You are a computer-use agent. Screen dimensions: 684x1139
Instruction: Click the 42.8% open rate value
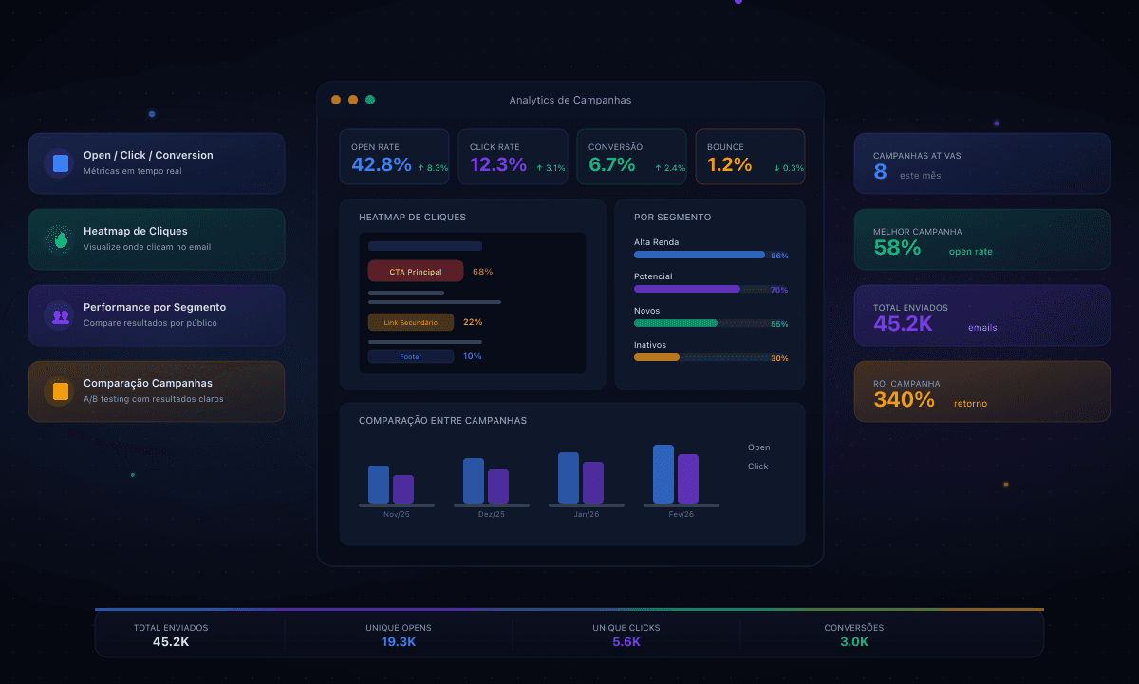pyautogui.click(x=382, y=164)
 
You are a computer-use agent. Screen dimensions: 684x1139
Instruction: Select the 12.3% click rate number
pyautogui.click(x=498, y=164)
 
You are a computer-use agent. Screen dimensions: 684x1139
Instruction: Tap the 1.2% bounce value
pyautogui.click(x=729, y=164)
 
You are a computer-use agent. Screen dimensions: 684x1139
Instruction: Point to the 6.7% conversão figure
pyautogui.click(x=611, y=164)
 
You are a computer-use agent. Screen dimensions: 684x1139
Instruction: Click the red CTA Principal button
pyautogui.click(x=416, y=272)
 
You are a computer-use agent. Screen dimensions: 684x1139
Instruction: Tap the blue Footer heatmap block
pyautogui.click(x=411, y=356)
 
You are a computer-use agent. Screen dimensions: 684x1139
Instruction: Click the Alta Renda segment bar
pyautogui.click(x=700, y=255)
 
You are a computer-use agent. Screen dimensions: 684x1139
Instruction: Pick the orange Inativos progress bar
pyautogui.click(x=657, y=357)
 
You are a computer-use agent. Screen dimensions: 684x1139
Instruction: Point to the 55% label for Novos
pyautogui.click(x=779, y=324)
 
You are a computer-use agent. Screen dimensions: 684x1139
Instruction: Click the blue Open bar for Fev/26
pyautogui.click(x=663, y=474)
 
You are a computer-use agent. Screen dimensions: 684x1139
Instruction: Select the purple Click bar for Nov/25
pyautogui.click(x=403, y=489)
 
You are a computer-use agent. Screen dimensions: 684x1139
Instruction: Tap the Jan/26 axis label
pyautogui.click(x=587, y=514)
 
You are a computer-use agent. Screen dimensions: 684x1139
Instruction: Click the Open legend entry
pyautogui.click(x=758, y=447)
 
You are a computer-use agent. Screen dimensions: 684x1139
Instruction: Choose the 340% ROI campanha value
pyautogui.click(x=904, y=400)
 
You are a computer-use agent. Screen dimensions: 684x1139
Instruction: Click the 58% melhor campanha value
pyautogui.click(x=897, y=248)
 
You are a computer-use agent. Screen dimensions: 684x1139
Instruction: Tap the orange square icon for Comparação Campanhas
pyautogui.click(x=61, y=391)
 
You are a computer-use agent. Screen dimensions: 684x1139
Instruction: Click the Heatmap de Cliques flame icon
pyautogui.click(x=61, y=239)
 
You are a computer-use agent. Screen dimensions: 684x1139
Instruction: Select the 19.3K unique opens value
pyautogui.click(x=399, y=642)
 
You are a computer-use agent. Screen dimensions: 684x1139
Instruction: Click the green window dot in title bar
pyautogui.click(x=370, y=100)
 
